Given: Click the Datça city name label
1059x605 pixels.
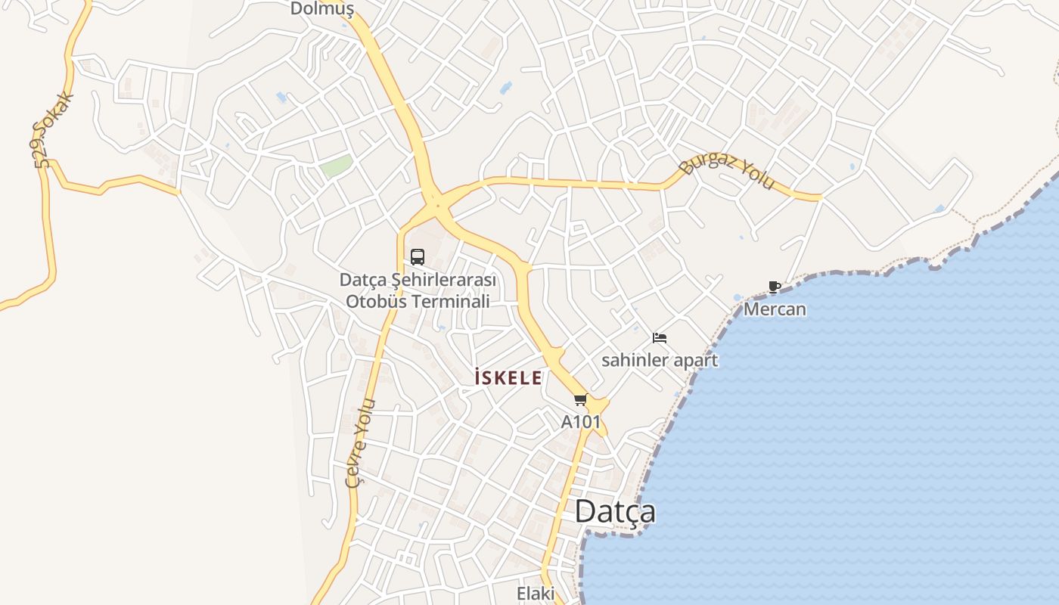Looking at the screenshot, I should (615, 512).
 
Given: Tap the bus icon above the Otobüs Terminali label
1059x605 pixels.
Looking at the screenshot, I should (418, 257).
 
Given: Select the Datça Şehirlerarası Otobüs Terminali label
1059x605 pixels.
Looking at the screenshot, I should (418, 290).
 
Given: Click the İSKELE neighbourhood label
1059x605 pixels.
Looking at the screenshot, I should (508, 377).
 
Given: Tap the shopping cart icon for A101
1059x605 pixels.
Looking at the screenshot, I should (580, 399).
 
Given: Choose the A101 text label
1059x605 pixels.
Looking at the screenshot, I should (580, 422).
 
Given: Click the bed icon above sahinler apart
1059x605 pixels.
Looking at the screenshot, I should (660, 338).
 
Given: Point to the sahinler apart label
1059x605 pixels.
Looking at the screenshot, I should (660, 360).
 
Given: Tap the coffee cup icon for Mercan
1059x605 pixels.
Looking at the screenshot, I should (774, 287).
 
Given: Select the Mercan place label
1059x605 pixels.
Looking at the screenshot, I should (775, 309).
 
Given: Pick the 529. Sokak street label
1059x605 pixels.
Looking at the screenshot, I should (53, 130).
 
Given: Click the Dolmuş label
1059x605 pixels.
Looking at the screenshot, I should (322, 9).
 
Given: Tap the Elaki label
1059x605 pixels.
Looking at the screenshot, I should (536, 594).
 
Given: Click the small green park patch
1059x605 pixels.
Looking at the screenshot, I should (336, 166).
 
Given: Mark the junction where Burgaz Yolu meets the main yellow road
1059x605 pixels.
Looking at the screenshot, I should (437, 203).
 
